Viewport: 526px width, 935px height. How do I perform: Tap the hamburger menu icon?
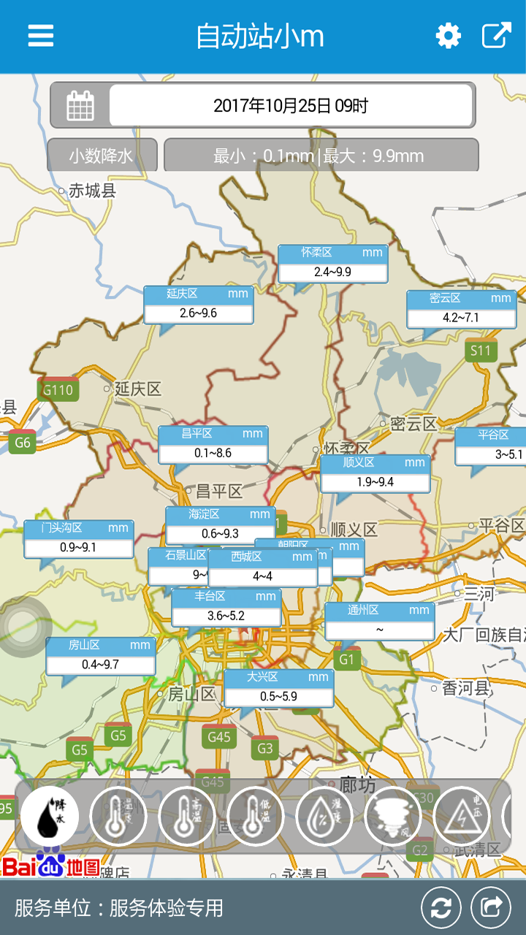coord(41,36)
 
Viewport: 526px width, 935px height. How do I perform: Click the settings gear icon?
coord(448,36)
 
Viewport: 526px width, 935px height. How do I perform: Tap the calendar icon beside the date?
coord(80,105)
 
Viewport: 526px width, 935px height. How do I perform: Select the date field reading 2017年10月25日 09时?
coord(291,105)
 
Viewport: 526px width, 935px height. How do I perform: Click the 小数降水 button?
coord(102,156)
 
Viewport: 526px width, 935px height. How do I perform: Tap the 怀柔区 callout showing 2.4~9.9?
coord(332,264)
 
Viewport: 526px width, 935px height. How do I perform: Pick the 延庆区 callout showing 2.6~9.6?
coord(198,305)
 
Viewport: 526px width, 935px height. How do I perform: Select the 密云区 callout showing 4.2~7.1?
coord(461,310)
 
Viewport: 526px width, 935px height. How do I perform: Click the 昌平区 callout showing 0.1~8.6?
coord(213,445)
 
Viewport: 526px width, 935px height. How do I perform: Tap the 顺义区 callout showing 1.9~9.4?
coord(375,473)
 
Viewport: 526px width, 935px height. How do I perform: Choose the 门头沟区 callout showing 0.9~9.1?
coord(78,539)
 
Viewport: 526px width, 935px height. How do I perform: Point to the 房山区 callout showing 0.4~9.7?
coord(100,656)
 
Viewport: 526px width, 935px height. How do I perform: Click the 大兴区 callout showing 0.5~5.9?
coord(278,688)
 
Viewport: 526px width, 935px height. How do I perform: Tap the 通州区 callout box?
coord(379,621)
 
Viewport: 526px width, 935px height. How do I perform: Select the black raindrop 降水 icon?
coord(50,816)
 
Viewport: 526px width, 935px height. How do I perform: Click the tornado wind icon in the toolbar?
coord(393,816)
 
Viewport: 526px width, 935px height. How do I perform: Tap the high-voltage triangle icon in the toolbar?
coord(462,816)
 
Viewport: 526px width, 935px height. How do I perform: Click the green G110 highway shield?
coord(58,390)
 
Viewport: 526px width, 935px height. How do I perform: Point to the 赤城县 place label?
coord(92,191)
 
